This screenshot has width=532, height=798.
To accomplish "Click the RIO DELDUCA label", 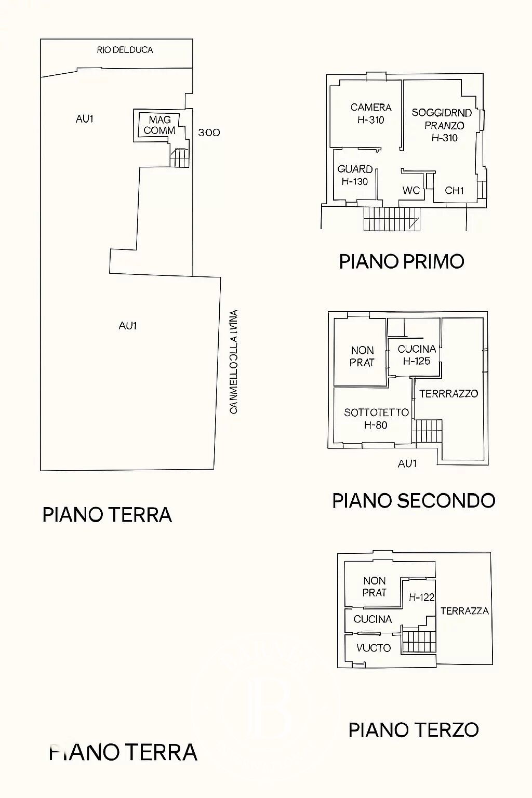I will coord(125,50).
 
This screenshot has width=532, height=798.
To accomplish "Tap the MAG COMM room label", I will coord(159,125).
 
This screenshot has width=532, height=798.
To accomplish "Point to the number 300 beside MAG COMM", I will coord(209,132).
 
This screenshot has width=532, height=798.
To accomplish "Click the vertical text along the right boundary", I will coord(234,362).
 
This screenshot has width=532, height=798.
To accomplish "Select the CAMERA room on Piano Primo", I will coord(370,113).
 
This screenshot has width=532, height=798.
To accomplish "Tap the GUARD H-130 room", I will coord(355,175).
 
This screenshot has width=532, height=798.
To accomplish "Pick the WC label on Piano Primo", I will coord(411,191).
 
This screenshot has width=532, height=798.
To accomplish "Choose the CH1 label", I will coord(454,191).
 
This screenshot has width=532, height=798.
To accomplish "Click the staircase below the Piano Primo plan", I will coord(392,219).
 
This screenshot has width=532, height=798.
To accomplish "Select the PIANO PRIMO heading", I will coord(401,261).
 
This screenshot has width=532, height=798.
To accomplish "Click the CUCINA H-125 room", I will coord(416,355).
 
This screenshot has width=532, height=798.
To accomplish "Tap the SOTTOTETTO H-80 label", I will coord(376,419).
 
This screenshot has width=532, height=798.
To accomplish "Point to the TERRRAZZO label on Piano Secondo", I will coord(448,394).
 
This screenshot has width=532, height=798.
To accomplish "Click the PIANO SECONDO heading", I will coord(414,501).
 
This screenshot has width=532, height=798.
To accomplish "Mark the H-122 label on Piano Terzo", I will coord(421,597).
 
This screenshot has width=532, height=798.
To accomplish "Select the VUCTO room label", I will coord(374,648).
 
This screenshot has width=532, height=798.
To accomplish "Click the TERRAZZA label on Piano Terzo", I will coord(464,611).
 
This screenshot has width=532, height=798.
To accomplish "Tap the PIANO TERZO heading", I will coord(414,730).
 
